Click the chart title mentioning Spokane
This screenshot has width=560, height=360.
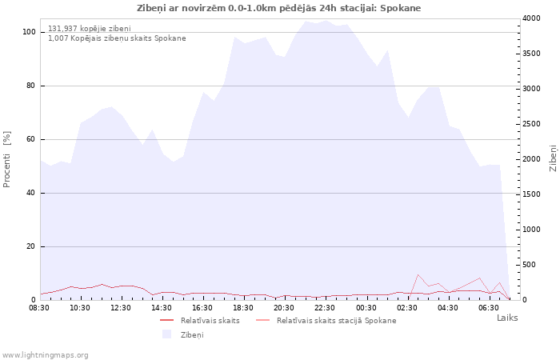(x=278, y=8)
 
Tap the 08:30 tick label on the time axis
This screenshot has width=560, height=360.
(x=39, y=308)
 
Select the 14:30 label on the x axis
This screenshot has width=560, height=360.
(x=162, y=308)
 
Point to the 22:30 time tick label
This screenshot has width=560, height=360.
(x=325, y=308)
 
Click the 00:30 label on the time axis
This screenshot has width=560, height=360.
(x=366, y=308)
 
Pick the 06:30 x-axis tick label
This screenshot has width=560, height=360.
(x=489, y=308)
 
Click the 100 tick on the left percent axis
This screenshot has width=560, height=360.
(x=30, y=32)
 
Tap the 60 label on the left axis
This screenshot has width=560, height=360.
(x=31, y=139)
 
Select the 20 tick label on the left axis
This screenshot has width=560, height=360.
(x=31, y=246)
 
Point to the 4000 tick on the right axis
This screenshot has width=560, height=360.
(x=531, y=18)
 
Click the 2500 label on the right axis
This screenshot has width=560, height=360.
(x=531, y=124)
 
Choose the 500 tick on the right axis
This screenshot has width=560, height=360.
(x=530, y=265)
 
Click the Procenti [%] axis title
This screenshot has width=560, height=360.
(x=6, y=159)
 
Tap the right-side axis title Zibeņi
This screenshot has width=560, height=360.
(x=553, y=158)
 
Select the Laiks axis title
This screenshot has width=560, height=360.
(x=507, y=318)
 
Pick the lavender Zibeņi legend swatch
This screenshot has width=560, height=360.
(x=166, y=334)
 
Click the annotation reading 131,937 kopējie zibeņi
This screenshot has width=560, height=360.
(x=90, y=29)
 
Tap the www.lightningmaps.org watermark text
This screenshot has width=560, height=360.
(x=45, y=355)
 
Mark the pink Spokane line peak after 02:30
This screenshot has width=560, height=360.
(x=418, y=274)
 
